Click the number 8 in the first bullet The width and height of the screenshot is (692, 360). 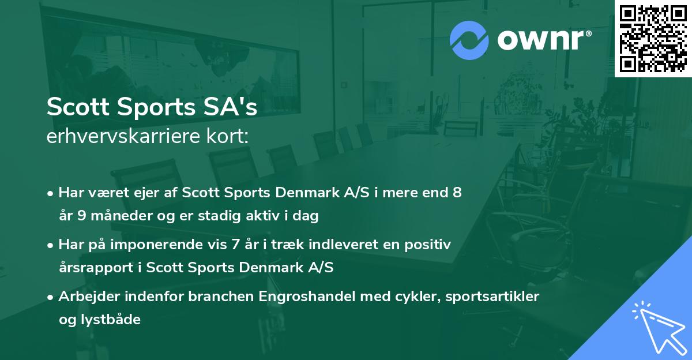coord(457,193)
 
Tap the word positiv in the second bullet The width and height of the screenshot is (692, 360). coord(429,245)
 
